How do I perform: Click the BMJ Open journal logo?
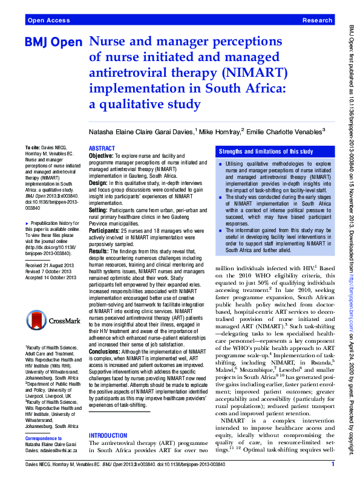(x=53, y=44)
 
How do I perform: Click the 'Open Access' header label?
(x=48, y=21)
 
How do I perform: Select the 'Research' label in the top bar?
(x=317, y=21)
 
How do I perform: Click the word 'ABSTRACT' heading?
(x=102, y=148)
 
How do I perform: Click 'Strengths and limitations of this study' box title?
(x=266, y=151)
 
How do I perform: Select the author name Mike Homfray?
(x=220, y=131)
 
